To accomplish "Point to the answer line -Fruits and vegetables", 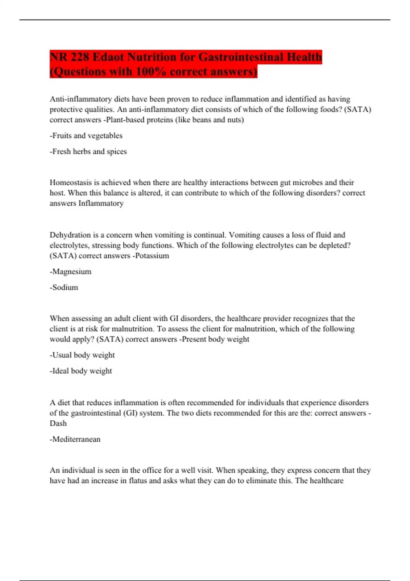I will (86, 136).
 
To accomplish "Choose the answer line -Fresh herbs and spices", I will (88, 151).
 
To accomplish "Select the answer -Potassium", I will (151, 256).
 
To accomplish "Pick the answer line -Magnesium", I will (70, 272).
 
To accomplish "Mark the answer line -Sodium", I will (64, 287).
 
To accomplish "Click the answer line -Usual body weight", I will (82, 355).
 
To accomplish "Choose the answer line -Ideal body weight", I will (81, 371).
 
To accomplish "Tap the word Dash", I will (58, 423).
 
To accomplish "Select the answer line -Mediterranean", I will (75, 439).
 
